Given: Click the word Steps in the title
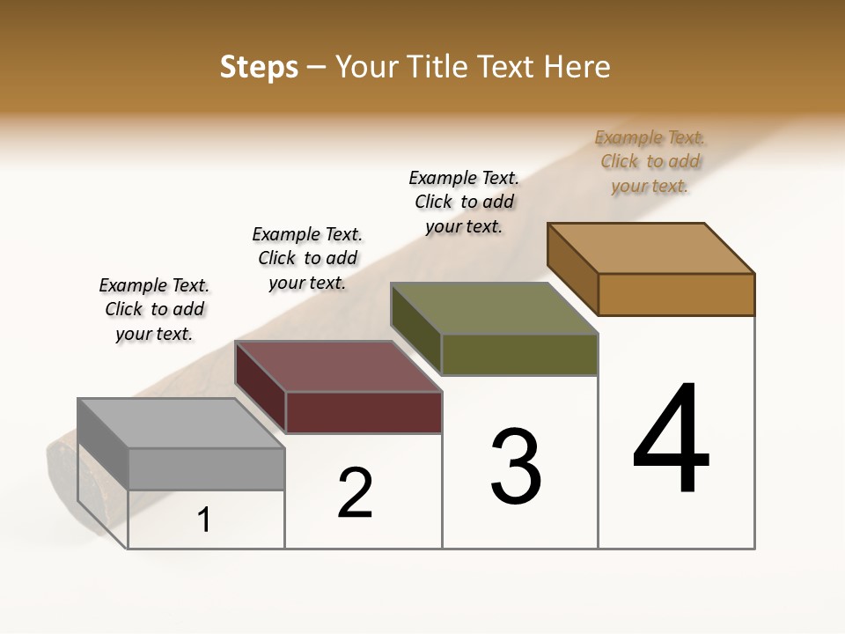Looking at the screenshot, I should [x=259, y=67].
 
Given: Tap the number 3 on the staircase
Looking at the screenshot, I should [x=516, y=466].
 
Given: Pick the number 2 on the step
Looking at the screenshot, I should [x=356, y=493].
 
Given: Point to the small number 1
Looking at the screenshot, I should [x=203, y=520].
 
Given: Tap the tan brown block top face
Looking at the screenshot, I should [x=651, y=248].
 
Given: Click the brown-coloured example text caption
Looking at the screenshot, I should [x=650, y=161].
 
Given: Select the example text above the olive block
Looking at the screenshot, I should [x=464, y=202].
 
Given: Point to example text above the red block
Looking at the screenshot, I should [x=307, y=258].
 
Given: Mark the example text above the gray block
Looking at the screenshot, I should [x=154, y=309].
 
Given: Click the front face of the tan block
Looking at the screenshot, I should [x=676, y=294].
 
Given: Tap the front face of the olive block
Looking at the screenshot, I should [x=519, y=354].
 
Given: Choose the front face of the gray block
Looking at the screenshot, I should [x=206, y=468].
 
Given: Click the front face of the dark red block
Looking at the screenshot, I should [x=364, y=412].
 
